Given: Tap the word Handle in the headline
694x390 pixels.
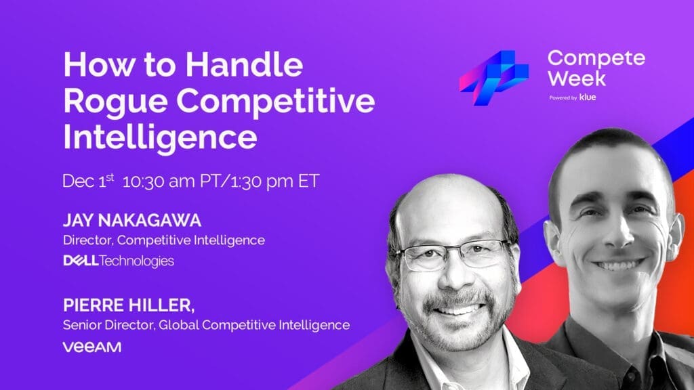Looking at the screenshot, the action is pyautogui.click(x=244, y=64).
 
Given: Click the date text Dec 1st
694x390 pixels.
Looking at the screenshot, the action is pyautogui.click(x=89, y=181).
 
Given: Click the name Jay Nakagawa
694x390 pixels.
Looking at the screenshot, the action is pyautogui.click(x=132, y=220).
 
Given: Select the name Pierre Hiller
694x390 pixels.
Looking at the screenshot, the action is pyautogui.click(x=127, y=305).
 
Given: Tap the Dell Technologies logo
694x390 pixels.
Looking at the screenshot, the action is pyautogui.click(x=119, y=261).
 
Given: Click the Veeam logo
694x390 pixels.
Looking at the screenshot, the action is pyautogui.click(x=92, y=347).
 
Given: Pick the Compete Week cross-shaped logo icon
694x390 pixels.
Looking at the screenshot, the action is pyautogui.click(x=494, y=78).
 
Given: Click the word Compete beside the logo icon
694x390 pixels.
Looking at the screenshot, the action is pyautogui.click(x=596, y=59).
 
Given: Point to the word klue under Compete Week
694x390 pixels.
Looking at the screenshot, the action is pyautogui.click(x=588, y=97).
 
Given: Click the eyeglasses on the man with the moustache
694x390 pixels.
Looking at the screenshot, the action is pyautogui.click(x=456, y=255).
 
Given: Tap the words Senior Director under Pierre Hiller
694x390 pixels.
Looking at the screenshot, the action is pyautogui.click(x=109, y=325).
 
